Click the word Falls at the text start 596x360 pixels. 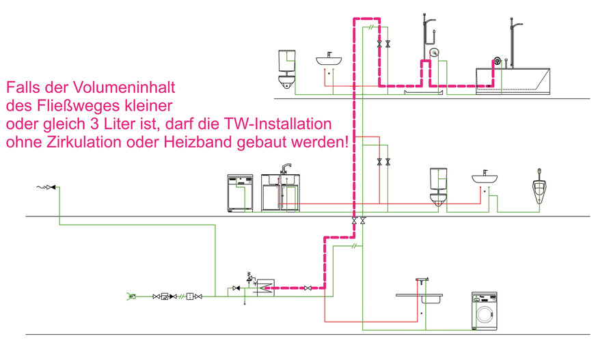tap(23, 89)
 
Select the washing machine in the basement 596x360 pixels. tap(485, 312)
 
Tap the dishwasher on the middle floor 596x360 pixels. tap(240, 192)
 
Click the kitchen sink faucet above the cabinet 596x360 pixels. tap(286, 168)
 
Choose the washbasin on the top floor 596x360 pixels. tap(333, 61)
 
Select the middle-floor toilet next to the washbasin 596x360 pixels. tap(438, 186)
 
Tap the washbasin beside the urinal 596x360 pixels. tap(487, 178)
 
